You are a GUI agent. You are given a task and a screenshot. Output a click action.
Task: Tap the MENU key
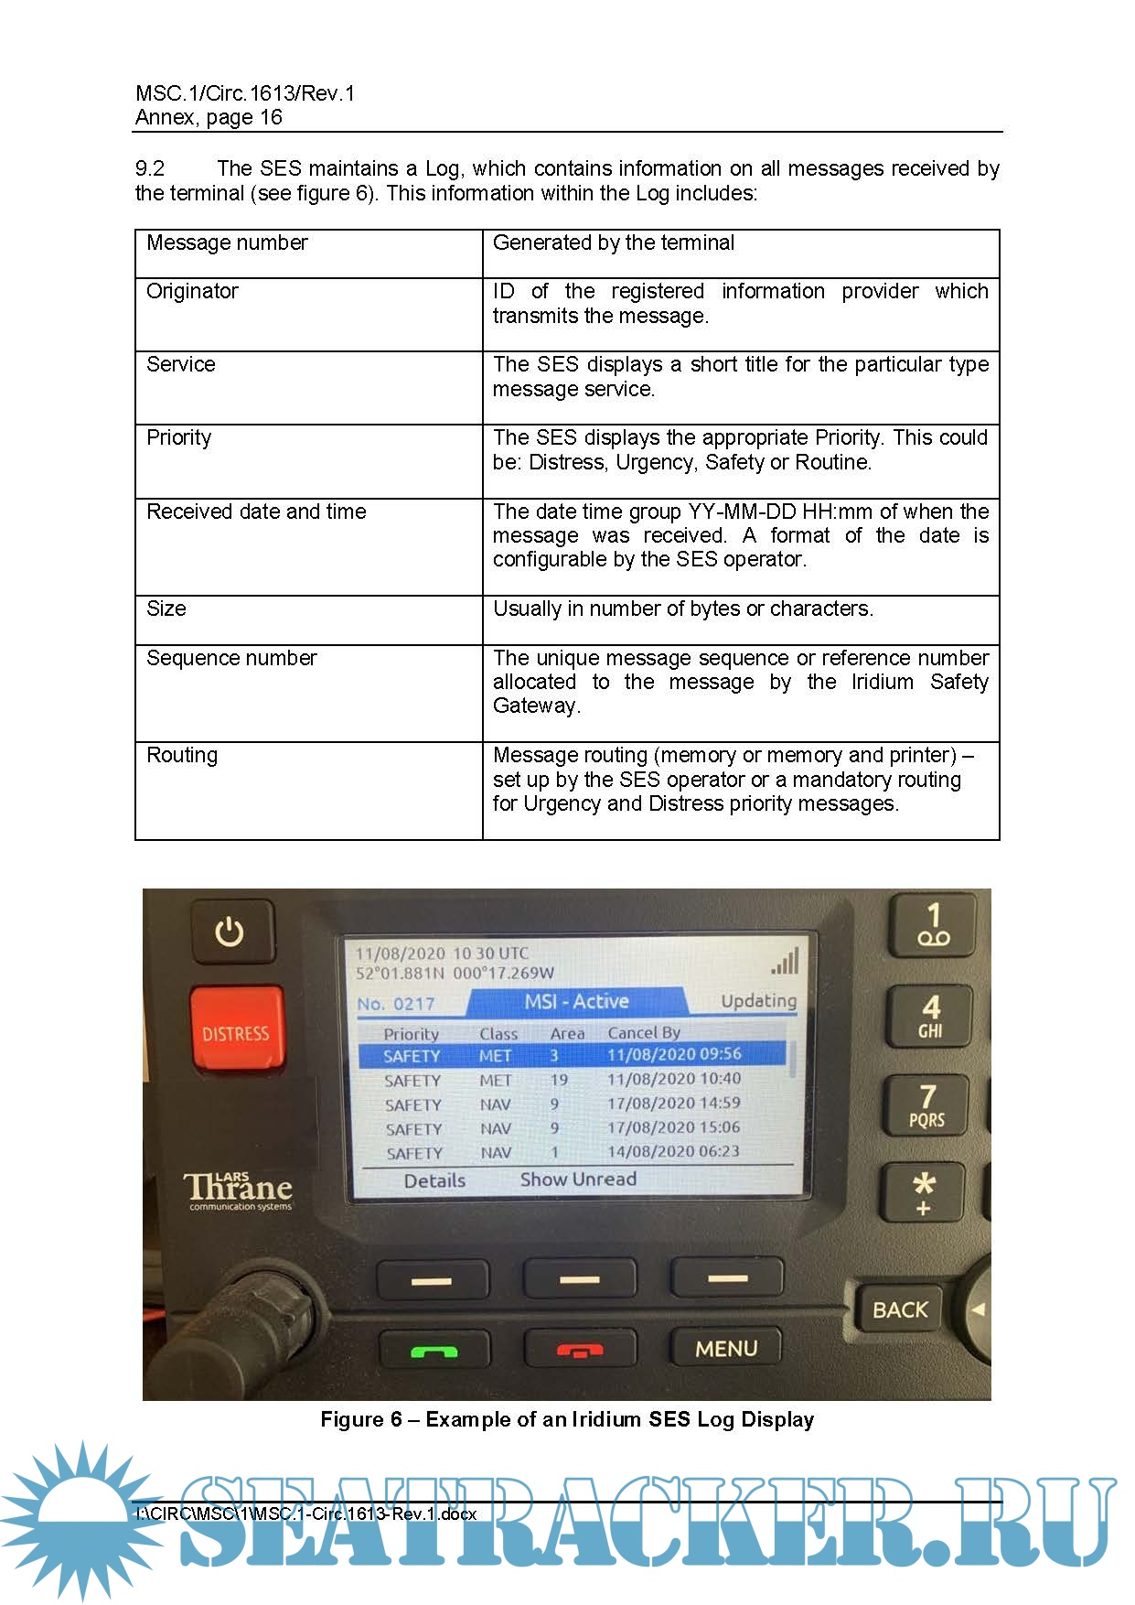726,1348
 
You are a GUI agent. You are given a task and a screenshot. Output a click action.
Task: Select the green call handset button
434,1350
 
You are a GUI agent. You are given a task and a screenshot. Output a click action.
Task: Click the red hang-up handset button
580,1350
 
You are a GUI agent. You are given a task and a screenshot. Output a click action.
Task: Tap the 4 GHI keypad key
931,1017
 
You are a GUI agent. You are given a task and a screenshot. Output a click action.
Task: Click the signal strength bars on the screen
785,962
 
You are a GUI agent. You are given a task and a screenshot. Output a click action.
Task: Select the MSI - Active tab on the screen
576,1002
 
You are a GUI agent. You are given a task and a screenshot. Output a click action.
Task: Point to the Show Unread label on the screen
578,1180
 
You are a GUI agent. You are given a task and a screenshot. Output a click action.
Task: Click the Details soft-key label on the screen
434,1180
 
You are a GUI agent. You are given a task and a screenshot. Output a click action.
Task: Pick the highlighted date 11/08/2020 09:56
674,1055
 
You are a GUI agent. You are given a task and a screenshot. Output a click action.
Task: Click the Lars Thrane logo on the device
239,1190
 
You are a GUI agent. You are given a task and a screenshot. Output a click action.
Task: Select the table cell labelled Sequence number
231,658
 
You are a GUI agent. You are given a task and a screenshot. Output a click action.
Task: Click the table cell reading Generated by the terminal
613,242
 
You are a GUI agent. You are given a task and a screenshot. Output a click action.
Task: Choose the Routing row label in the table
182,755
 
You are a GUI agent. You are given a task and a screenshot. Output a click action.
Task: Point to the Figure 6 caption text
567,1419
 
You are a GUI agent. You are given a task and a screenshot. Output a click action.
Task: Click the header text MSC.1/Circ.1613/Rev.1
245,93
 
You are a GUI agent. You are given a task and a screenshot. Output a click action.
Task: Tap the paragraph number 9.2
150,168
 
